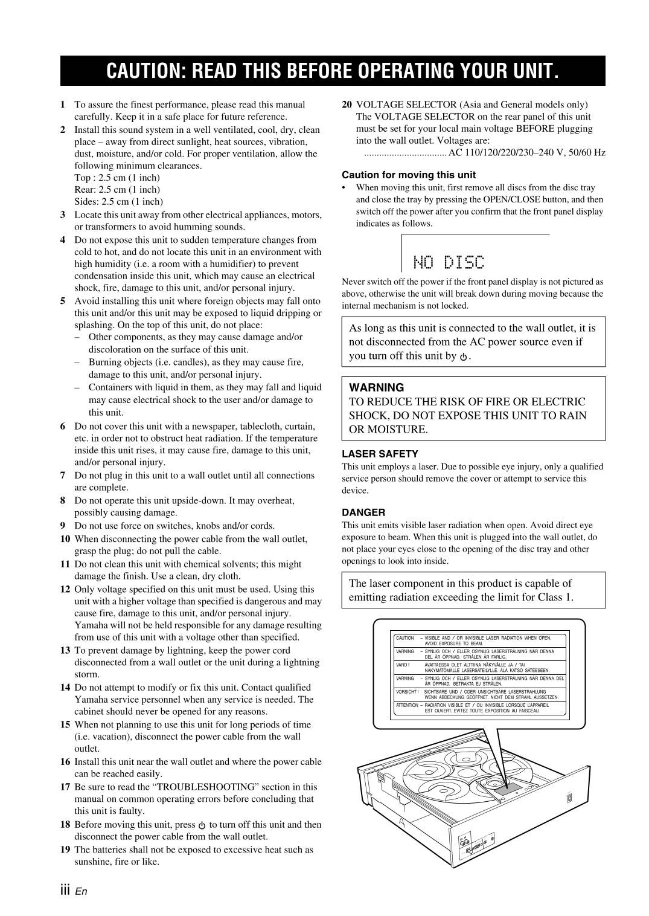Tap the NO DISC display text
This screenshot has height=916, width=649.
point(449,262)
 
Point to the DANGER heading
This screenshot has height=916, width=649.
point(363,512)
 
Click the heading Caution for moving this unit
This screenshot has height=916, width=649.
point(409,175)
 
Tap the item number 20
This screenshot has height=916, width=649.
point(347,105)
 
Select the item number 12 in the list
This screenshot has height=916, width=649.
point(65,589)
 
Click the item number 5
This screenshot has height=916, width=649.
point(63,301)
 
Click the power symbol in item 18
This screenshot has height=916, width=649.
point(202,825)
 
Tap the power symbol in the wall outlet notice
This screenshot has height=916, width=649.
point(463,356)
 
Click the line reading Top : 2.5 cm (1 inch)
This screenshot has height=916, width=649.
point(117,178)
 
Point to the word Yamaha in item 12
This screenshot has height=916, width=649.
point(89,625)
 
